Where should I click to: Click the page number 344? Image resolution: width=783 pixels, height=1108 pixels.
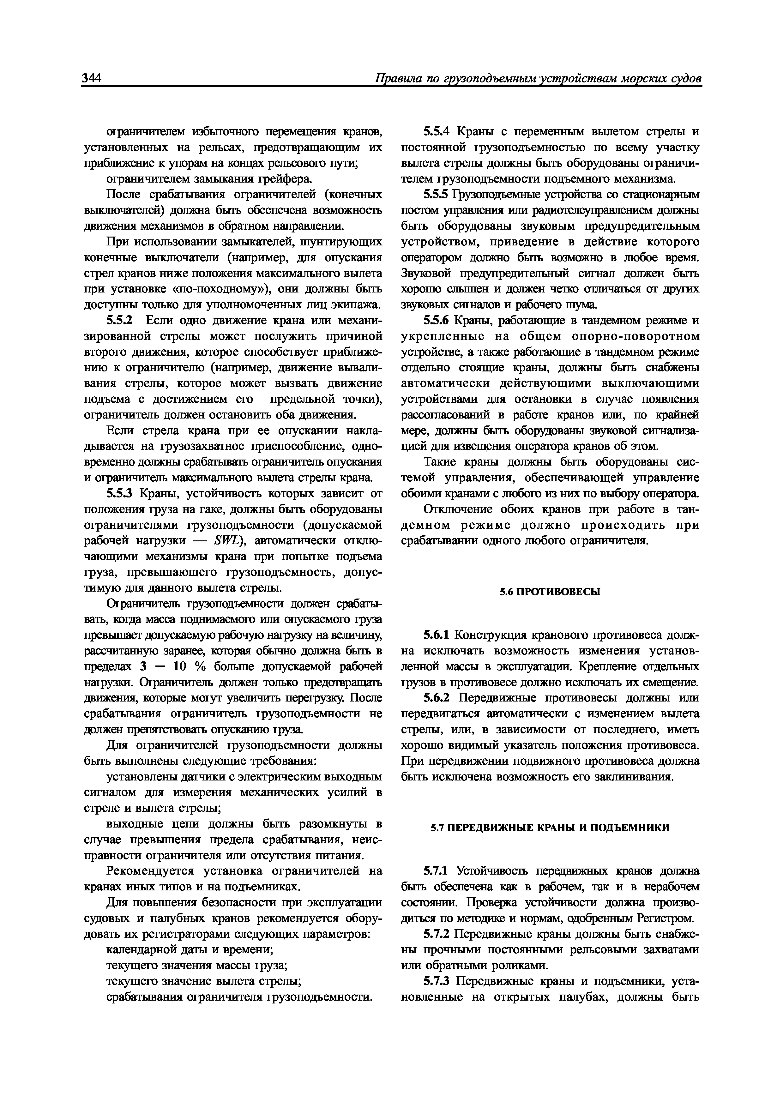tap(92, 79)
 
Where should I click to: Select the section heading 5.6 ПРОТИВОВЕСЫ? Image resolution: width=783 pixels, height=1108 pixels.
tap(550, 592)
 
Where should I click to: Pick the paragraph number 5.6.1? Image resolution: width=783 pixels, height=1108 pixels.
tap(436, 635)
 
